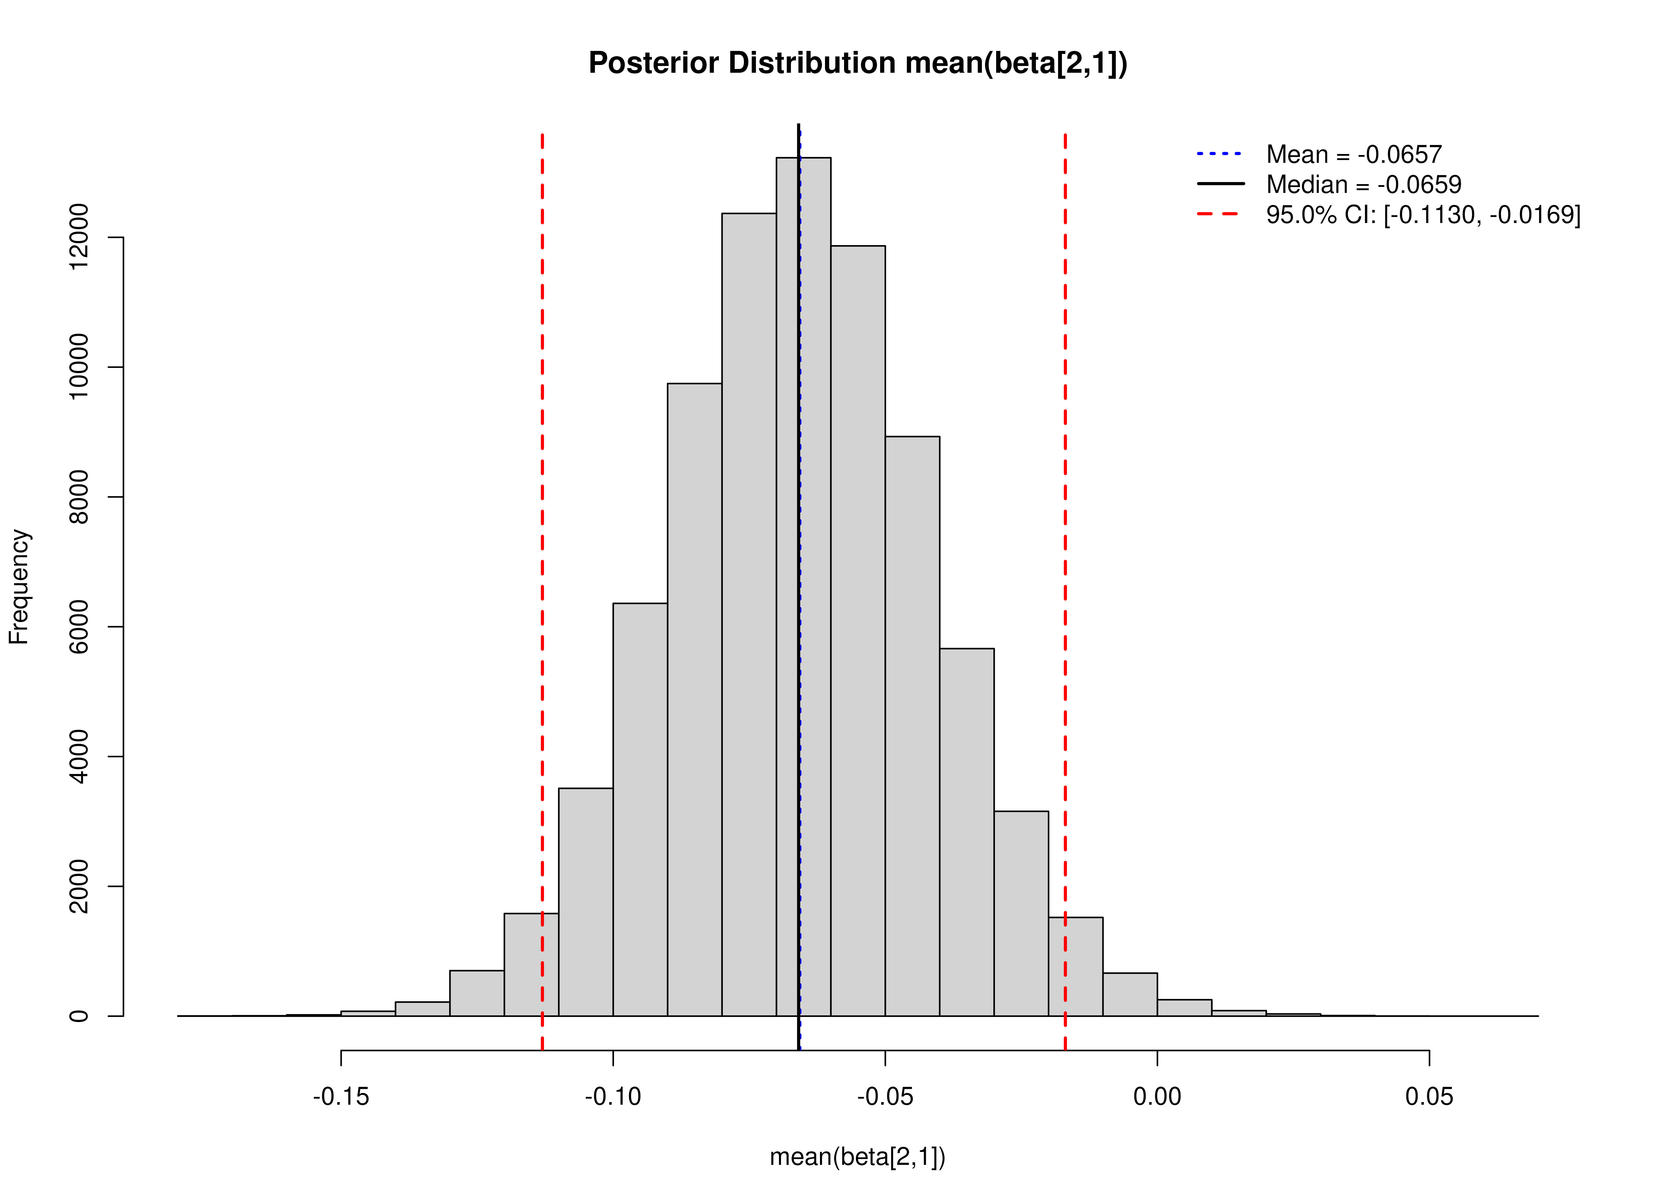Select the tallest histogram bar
coord(803,584)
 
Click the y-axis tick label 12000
coord(78,237)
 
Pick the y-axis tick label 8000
coord(78,497)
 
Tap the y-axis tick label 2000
coord(78,886)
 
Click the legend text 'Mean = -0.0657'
coord(1354,155)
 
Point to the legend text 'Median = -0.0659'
coord(1363,185)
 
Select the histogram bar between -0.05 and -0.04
coord(912,730)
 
